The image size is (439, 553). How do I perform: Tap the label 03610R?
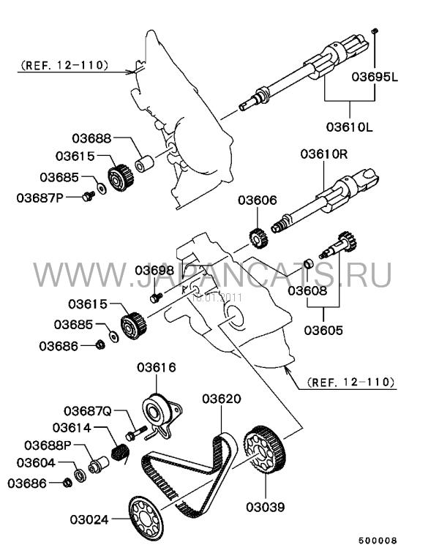pos(323,154)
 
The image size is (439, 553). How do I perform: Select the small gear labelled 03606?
pos(256,238)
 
